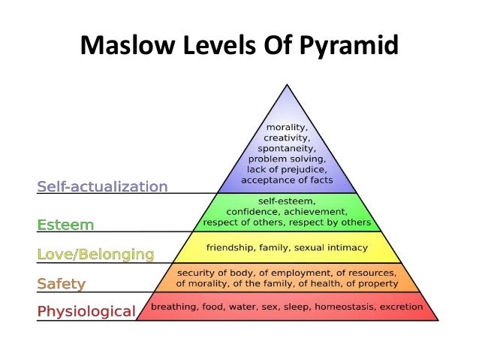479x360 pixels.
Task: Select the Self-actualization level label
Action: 103,186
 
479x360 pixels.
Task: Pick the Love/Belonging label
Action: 95,254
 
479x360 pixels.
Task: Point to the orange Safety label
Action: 62,284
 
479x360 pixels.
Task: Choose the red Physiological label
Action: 87,310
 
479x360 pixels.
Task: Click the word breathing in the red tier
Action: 173,307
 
